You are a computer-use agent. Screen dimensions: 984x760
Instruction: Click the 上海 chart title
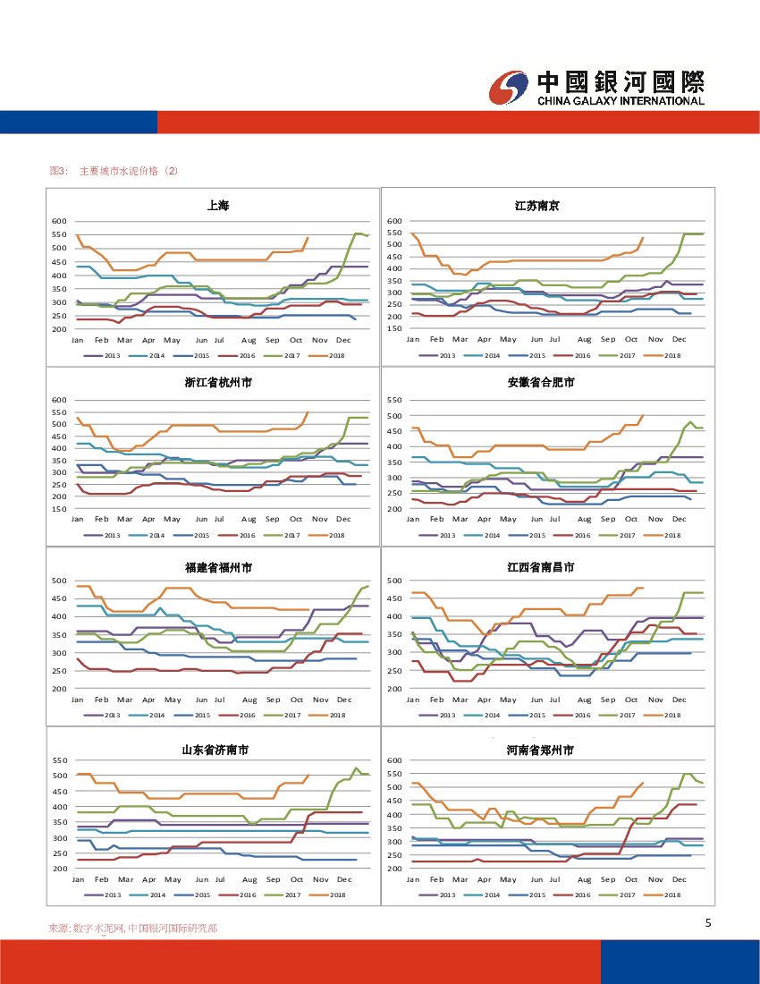(x=218, y=206)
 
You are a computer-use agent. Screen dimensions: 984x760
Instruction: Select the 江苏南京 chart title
(x=537, y=206)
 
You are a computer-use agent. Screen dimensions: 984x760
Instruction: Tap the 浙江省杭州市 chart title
(x=218, y=383)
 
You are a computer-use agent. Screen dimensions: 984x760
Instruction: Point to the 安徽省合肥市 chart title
(x=541, y=383)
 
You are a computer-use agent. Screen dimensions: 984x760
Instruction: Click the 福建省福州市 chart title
(x=218, y=568)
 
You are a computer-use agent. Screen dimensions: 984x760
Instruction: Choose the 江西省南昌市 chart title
(x=541, y=568)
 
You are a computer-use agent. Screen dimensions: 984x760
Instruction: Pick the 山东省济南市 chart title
(x=218, y=750)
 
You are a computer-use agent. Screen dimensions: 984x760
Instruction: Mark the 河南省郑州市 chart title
(x=541, y=750)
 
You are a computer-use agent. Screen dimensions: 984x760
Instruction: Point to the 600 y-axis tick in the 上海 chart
(x=59, y=221)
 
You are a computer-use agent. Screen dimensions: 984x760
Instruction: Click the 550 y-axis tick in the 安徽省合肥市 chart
(x=394, y=400)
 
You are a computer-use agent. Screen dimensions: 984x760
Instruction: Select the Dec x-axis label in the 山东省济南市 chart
(x=344, y=879)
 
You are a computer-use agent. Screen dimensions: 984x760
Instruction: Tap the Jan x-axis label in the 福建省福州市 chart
(x=78, y=700)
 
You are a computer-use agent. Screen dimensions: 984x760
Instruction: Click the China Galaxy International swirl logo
(x=510, y=87)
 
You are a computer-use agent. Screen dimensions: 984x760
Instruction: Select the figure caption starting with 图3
(x=114, y=171)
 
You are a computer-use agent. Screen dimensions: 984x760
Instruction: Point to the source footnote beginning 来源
(x=132, y=929)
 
